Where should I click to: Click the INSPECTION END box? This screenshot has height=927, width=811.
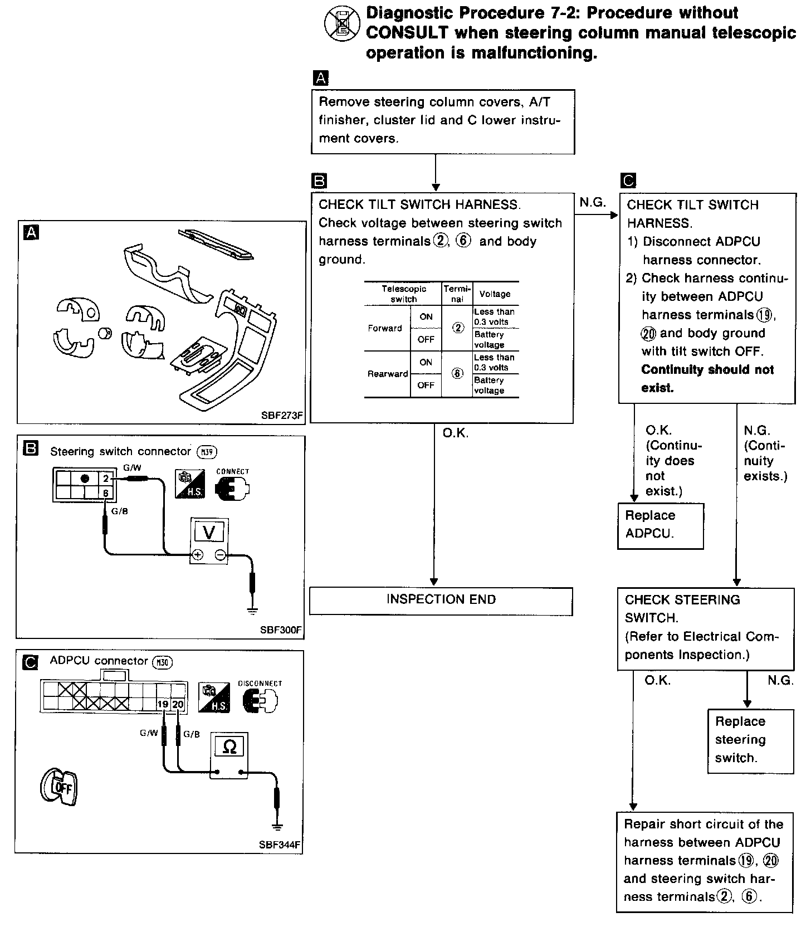pyautogui.click(x=441, y=601)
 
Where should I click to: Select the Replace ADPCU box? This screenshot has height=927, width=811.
pyautogui.click(x=660, y=525)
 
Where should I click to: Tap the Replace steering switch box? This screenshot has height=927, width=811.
pyautogui.click(x=750, y=740)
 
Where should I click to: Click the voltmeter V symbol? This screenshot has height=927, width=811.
pyautogui.click(x=209, y=533)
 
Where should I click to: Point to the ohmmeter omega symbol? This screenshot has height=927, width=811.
pyautogui.click(x=229, y=747)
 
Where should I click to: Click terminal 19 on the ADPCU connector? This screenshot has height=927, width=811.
pyautogui.click(x=163, y=704)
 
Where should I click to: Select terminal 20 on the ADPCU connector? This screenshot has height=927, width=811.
pyautogui.click(x=178, y=704)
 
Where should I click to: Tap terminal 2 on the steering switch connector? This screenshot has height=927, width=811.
pyautogui.click(x=106, y=478)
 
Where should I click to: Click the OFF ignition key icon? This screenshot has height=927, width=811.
pyautogui.click(x=58, y=787)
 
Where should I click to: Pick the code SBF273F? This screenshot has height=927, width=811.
pyautogui.click(x=281, y=415)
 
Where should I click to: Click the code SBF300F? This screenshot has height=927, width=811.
pyautogui.click(x=281, y=630)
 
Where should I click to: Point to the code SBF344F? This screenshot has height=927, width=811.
pyautogui.click(x=280, y=845)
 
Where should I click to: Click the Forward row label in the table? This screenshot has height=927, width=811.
pyautogui.click(x=385, y=328)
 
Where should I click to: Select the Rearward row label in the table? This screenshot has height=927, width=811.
pyautogui.click(x=388, y=374)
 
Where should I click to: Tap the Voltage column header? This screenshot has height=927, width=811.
pyautogui.click(x=495, y=294)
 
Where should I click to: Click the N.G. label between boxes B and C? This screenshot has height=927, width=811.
pyautogui.click(x=592, y=202)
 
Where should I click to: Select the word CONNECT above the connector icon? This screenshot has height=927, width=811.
pyautogui.click(x=232, y=471)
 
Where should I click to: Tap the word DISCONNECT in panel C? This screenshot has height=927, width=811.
pyautogui.click(x=260, y=683)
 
